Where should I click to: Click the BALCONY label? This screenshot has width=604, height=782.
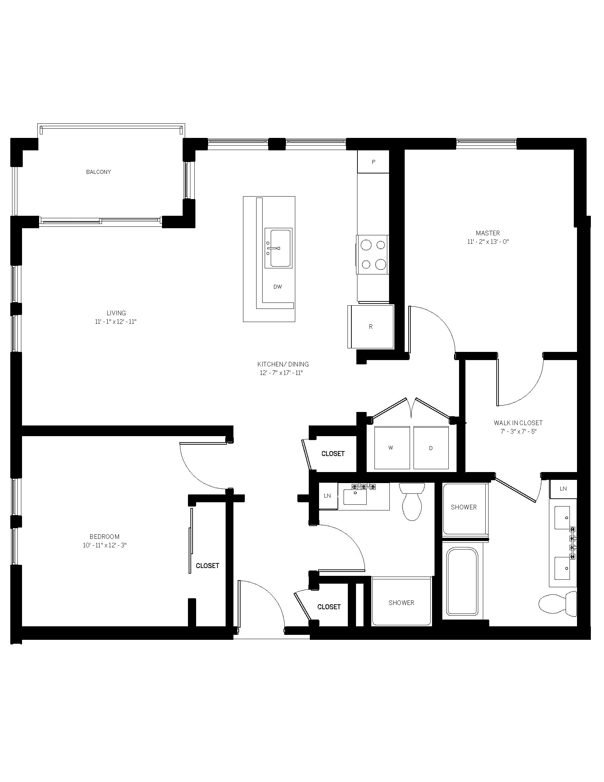(98, 172)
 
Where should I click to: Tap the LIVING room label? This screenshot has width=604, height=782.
(116, 313)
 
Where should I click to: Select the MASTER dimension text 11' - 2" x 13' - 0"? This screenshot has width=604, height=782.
(488, 242)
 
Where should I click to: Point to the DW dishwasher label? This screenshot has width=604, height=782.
(278, 286)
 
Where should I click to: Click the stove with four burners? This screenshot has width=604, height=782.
(372, 255)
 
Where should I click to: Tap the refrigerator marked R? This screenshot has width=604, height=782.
(371, 327)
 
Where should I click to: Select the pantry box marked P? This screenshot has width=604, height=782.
(373, 162)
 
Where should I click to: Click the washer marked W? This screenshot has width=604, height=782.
(392, 448)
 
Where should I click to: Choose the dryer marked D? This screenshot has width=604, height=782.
(431, 448)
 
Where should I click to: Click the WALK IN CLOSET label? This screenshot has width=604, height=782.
(518, 423)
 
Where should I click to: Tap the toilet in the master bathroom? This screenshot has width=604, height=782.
(558, 604)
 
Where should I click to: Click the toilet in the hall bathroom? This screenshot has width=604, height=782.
(412, 502)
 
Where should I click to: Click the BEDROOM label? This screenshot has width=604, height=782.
(104, 537)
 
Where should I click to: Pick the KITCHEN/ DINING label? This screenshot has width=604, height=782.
(283, 364)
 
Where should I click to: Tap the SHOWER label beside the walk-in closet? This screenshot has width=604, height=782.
(464, 507)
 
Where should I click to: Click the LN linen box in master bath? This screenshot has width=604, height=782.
(563, 489)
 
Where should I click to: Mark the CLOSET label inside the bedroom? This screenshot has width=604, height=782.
(207, 566)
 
